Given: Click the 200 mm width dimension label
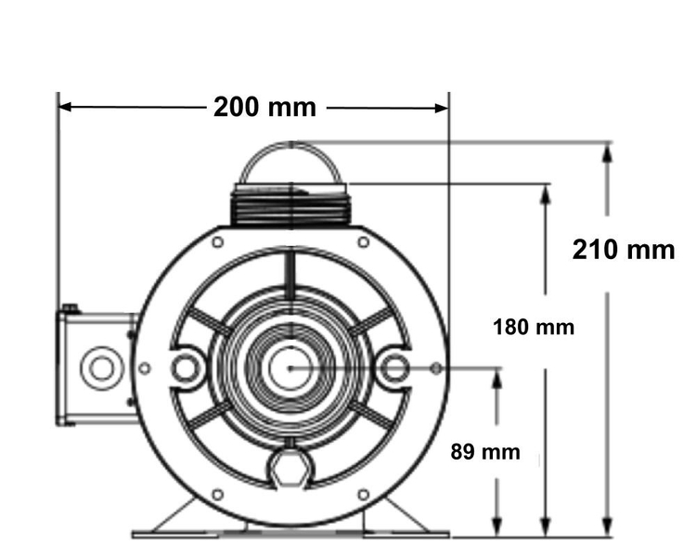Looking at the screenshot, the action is tap(264, 108).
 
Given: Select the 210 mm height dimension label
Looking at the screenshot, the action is tap(624, 250).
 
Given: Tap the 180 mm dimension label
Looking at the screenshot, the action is tap(534, 328).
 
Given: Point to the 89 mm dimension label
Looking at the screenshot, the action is tap(485, 452).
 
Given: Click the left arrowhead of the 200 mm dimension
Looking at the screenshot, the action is tap(65, 107).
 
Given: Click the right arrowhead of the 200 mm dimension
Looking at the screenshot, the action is tap(442, 108).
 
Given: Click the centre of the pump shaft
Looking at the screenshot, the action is tap(290, 369).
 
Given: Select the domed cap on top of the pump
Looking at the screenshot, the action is tap(290, 162).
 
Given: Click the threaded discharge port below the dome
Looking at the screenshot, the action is tap(290, 205).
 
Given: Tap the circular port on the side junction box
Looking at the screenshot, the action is tap(102, 369).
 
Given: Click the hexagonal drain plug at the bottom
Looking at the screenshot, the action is tap(290, 470).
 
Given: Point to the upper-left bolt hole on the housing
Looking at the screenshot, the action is tap(217, 242).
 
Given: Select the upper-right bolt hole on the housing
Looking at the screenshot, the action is tap(364, 242).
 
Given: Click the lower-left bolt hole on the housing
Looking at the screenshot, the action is tap(217, 495).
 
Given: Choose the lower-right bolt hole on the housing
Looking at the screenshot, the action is tap(364, 495).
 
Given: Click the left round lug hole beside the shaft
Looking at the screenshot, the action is tap(185, 369).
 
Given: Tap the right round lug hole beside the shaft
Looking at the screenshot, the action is tap(394, 369).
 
